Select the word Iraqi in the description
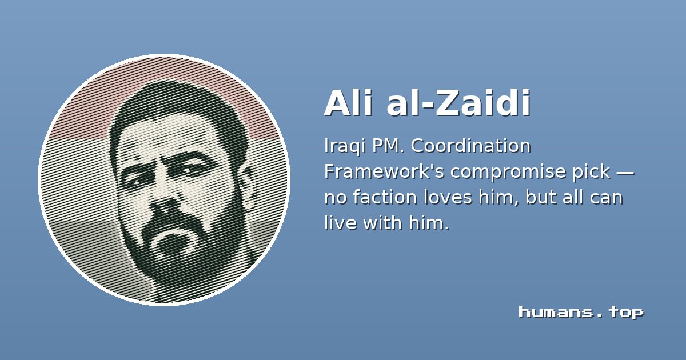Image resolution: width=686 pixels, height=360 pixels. pyautogui.click(x=345, y=147)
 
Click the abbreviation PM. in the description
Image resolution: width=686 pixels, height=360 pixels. pyautogui.click(x=388, y=146)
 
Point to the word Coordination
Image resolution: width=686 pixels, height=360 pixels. pyautogui.click(x=470, y=146)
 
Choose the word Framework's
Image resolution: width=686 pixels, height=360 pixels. pyautogui.click(x=384, y=171)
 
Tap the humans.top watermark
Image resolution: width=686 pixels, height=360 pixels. pyautogui.click(x=581, y=313)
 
